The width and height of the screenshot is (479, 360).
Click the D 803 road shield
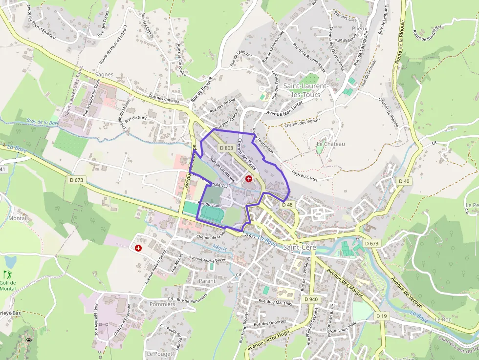tap(226, 148)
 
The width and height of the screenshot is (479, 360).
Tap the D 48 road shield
tap(287, 205)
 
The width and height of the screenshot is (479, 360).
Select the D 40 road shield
tap(404, 181)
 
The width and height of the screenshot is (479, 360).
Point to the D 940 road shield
tap(311, 299)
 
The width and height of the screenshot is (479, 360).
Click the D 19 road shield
tap(382, 316)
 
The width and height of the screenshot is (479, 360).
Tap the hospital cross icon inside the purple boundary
tap(249, 179)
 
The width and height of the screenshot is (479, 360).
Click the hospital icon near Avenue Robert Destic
tap(138, 248)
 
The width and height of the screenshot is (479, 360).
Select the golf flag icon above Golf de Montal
tap(7, 275)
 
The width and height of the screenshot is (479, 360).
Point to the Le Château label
tap(331, 144)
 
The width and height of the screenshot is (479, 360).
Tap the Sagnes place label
tap(104, 75)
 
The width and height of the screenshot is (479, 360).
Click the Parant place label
tap(207, 281)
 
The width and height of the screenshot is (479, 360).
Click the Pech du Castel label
tap(305, 176)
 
